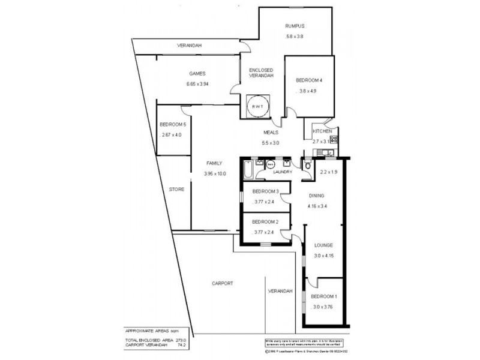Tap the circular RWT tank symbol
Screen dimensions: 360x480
point(260,107)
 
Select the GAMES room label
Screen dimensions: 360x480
point(197,74)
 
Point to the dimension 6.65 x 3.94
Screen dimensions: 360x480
point(197,84)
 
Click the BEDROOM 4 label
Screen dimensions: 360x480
point(309,80)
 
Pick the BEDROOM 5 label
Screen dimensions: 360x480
point(172,124)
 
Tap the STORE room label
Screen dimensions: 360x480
point(176,190)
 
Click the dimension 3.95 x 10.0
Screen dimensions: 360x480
point(214,174)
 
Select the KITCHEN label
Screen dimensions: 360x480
point(322,131)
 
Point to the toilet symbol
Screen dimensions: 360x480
point(308,166)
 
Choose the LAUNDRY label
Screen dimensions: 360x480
point(282,172)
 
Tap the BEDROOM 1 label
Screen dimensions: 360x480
point(323,297)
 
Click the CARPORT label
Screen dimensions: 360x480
point(223,283)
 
